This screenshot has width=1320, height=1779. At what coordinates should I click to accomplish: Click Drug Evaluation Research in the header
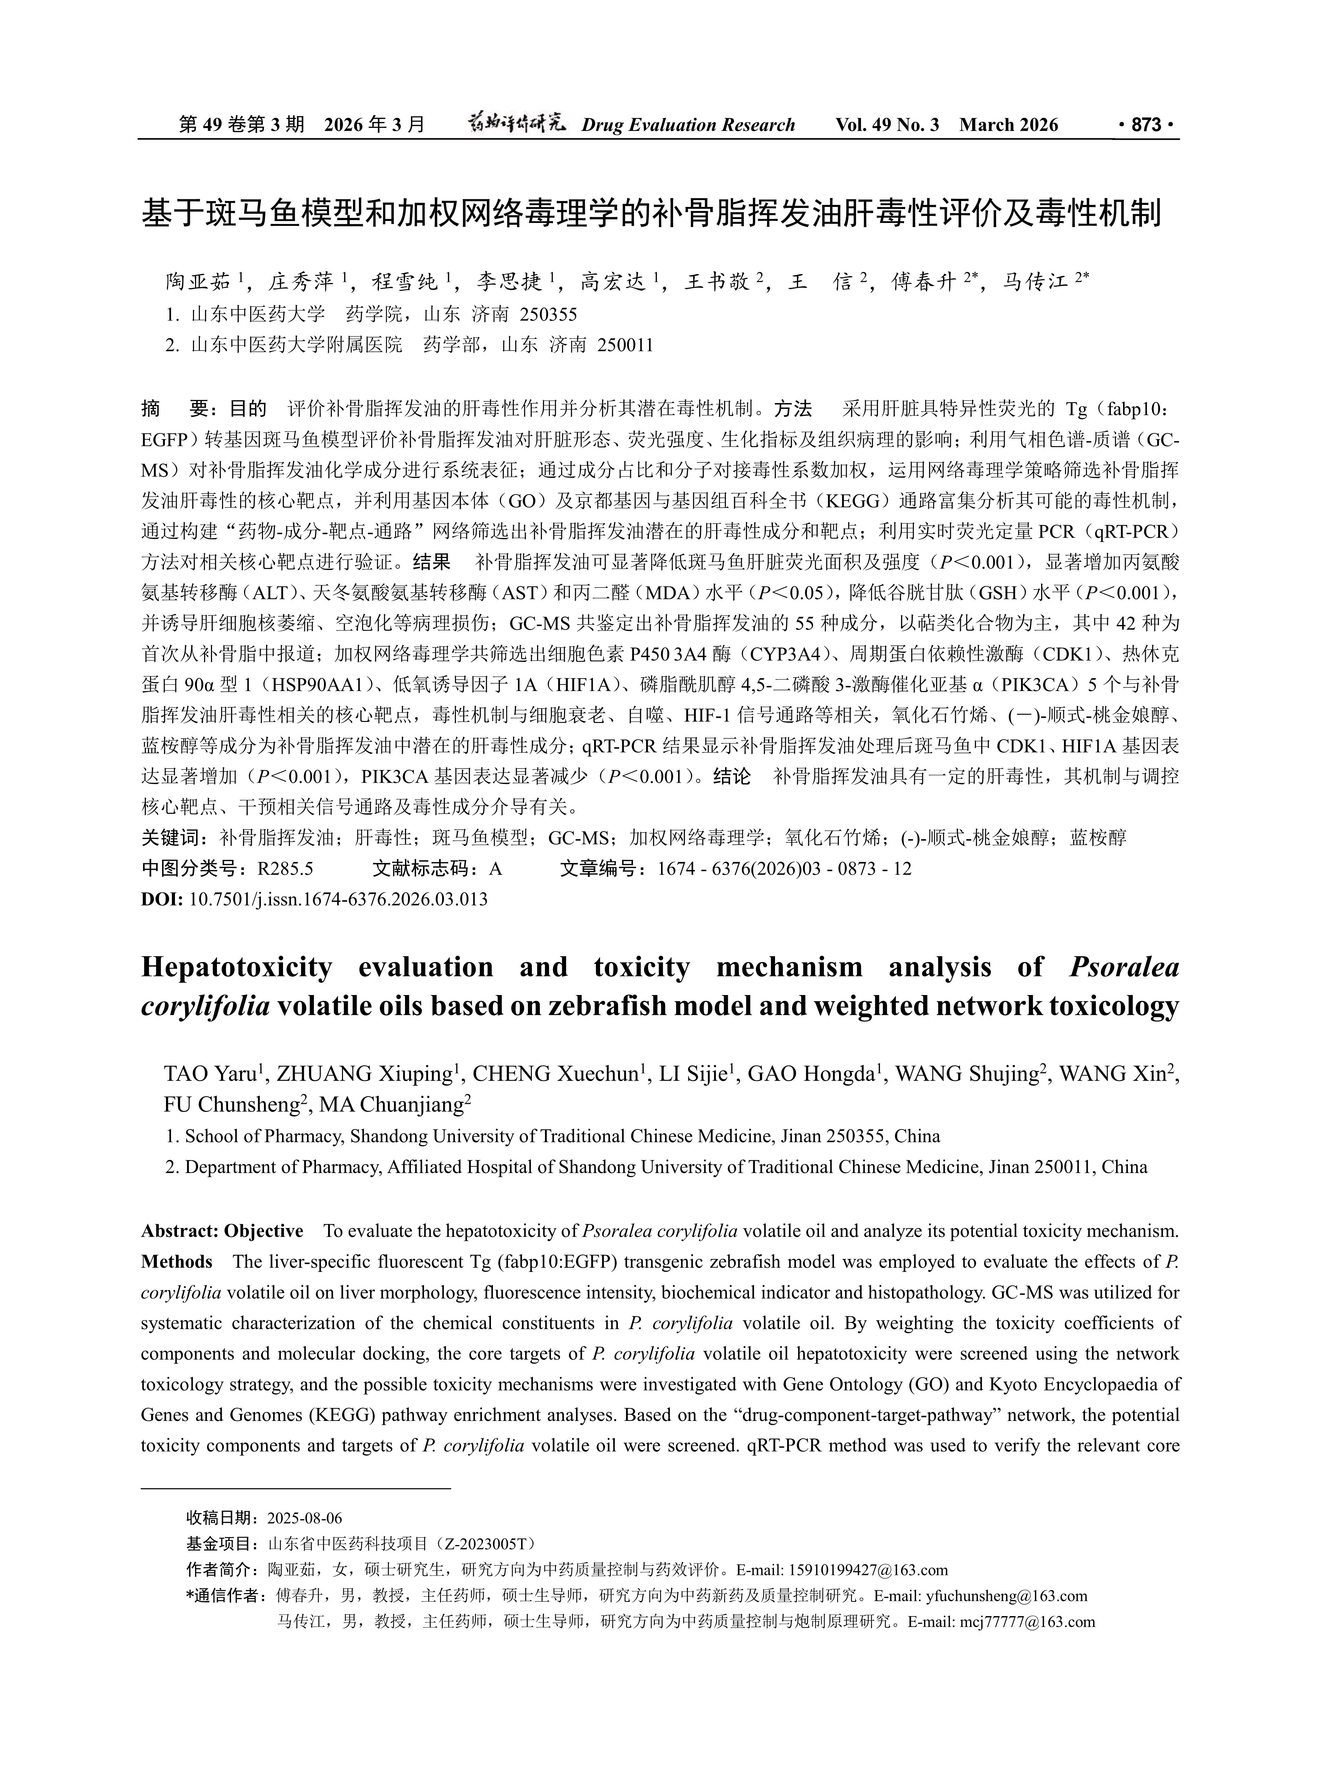[x=688, y=125]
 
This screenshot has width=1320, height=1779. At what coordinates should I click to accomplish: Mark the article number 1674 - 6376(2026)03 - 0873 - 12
[x=784, y=869]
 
